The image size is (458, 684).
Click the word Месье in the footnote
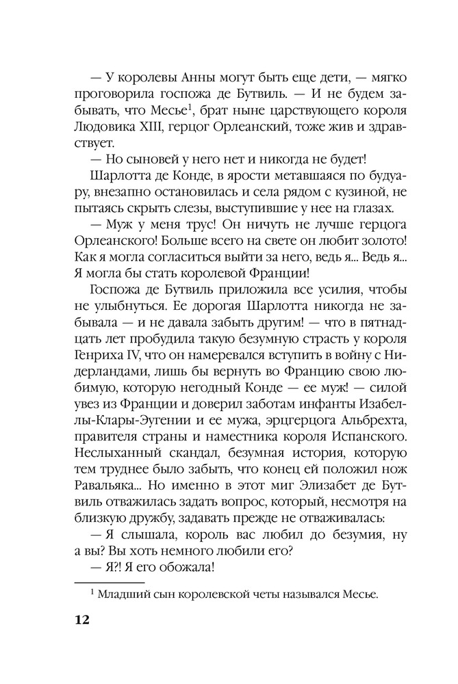[x=357, y=595]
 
